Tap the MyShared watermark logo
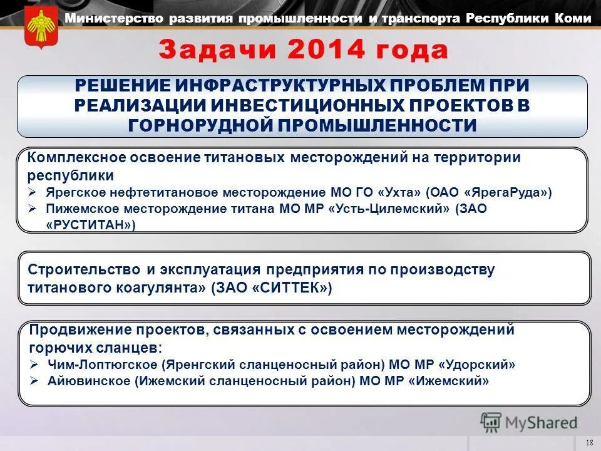[528, 423]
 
